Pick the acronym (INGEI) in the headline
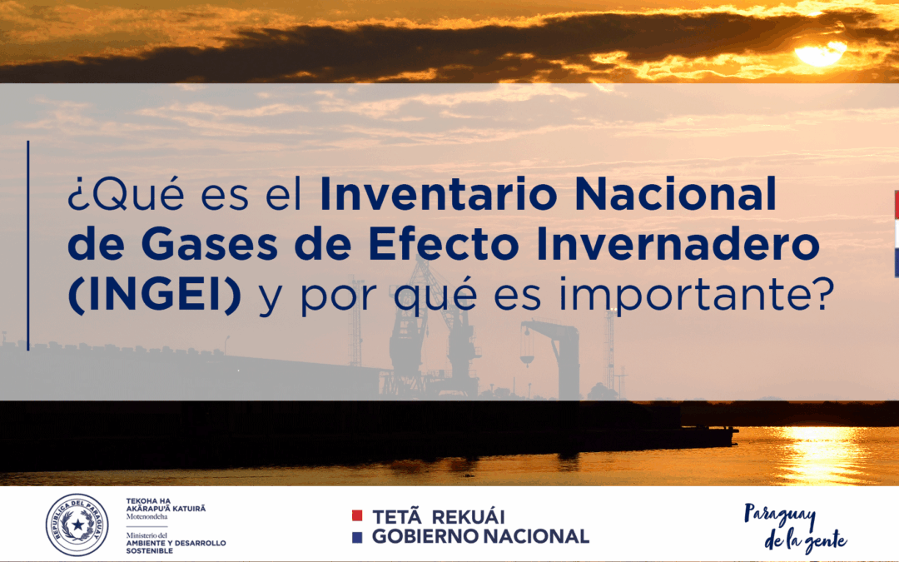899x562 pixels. (x=155, y=296)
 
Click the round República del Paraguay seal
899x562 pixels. (x=77, y=525)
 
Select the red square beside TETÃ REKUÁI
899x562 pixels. (x=357, y=516)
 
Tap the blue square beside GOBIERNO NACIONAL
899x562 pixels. (x=357, y=537)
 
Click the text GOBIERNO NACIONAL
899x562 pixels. (x=480, y=537)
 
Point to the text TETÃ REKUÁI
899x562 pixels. (x=438, y=516)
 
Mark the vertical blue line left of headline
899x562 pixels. (x=27, y=246)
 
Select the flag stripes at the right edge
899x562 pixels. (x=896, y=233)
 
